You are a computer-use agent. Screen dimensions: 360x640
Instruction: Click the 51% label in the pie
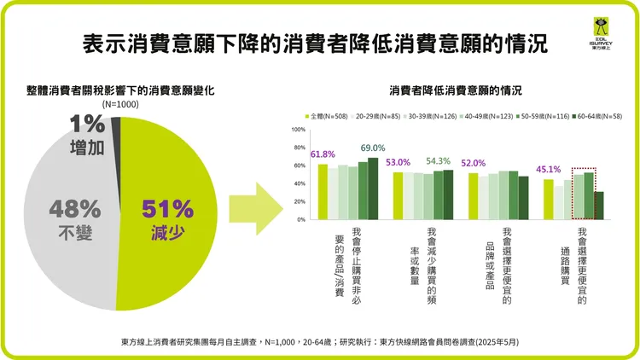tap(168, 207)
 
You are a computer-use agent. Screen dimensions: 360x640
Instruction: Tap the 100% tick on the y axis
tap(298, 131)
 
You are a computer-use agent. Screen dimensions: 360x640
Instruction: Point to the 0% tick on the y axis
tap(300, 219)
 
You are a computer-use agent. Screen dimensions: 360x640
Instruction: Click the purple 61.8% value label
tap(323, 154)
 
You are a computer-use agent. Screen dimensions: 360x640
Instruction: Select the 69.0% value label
tap(374, 148)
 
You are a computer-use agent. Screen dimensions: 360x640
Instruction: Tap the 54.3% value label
tap(449, 160)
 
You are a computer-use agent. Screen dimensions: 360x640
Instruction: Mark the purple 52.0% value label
tap(473, 163)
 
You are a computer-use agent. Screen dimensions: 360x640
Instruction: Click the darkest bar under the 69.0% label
tap(372, 188)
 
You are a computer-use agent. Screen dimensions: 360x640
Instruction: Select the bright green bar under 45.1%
tap(549, 199)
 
